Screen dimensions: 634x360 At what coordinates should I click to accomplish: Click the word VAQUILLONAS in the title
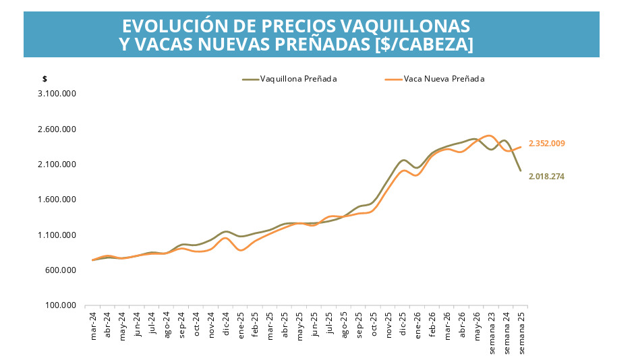tap(405, 26)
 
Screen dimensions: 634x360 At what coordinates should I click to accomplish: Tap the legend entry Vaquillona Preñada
tap(289, 79)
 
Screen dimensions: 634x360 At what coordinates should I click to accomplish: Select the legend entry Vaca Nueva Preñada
tap(434, 79)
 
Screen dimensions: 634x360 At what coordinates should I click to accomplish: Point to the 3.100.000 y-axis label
tap(57, 94)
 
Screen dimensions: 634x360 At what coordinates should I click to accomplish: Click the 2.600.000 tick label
tap(57, 129)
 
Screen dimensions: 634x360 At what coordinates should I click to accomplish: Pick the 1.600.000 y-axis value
tap(57, 200)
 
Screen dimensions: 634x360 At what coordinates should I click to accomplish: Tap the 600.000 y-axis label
tap(61, 270)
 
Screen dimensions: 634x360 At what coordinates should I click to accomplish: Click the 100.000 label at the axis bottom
tap(61, 305)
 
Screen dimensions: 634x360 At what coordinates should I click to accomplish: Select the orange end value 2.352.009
tap(547, 144)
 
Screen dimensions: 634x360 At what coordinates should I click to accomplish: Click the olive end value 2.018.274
tap(547, 177)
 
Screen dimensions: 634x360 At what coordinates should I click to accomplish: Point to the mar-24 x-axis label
tap(93, 326)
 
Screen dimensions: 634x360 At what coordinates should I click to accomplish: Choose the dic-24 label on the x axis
tap(226, 324)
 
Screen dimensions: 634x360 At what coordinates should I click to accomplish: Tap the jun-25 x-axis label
tap(314, 324)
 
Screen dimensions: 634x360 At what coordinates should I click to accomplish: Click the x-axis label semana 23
tap(492, 333)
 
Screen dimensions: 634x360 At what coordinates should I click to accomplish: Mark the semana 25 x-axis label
tap(521, 333)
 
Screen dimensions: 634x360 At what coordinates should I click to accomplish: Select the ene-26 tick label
tap(417, 325)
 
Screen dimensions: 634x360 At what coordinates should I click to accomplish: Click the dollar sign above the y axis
tap(45, 79)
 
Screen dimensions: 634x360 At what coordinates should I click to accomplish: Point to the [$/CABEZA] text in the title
tap(424, 44)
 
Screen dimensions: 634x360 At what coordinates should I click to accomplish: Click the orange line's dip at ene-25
tap(241, 251)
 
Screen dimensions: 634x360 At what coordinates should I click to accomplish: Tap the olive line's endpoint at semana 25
tap(521, 171)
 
